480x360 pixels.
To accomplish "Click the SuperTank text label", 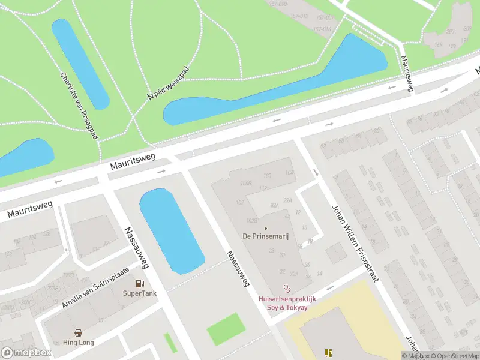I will (x=139, y=293).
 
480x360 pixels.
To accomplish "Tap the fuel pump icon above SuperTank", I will (x=139, y=283).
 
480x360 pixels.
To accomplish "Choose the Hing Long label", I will (x=79, y=343).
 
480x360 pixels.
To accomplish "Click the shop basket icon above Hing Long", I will (x=79, y=332).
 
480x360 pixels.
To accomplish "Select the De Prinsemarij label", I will (x=266, y=236).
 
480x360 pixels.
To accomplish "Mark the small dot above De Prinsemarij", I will (x=266, y=228).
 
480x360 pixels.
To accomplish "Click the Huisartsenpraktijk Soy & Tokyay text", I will (x=287, y=303).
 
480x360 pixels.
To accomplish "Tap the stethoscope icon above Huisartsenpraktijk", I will (x=287, y=289).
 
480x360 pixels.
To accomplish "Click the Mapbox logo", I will (x=25, y=353).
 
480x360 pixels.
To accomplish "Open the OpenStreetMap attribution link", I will (x=454, y=356).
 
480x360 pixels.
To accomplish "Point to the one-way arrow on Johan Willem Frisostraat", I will (x=316, y=172).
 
